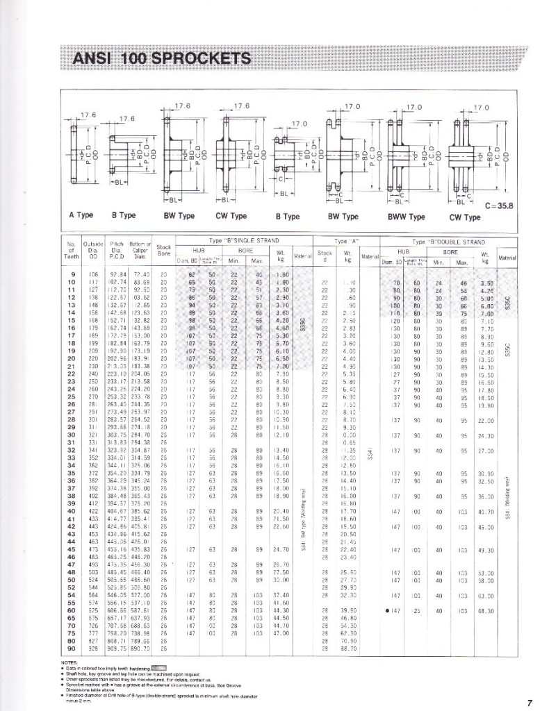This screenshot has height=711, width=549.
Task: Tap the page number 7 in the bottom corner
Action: [530, 702]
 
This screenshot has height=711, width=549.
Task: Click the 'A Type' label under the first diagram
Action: [81, 215]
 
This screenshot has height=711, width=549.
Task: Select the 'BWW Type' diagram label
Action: [408, 217]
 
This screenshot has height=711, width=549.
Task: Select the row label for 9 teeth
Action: [72, 274]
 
